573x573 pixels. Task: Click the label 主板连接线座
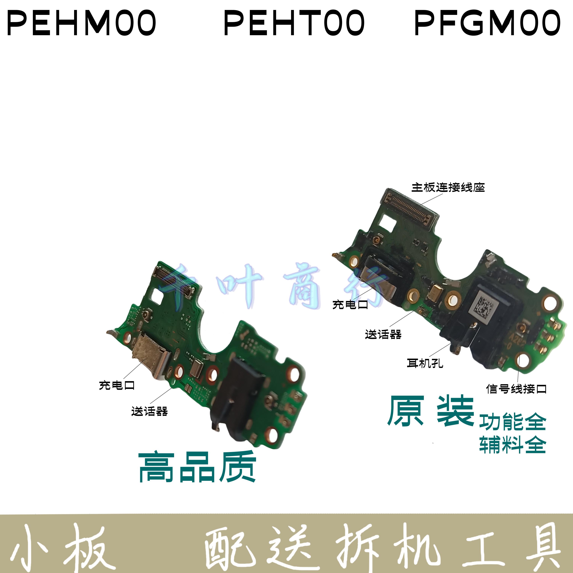(448, 187)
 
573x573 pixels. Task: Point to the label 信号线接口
(516, 389)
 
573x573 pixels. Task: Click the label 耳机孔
(425, 363)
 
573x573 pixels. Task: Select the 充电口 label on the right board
(350, 305)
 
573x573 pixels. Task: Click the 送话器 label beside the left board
(150, 411)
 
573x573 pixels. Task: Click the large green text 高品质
(197, 467)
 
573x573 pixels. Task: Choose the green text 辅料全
(512, 445)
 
